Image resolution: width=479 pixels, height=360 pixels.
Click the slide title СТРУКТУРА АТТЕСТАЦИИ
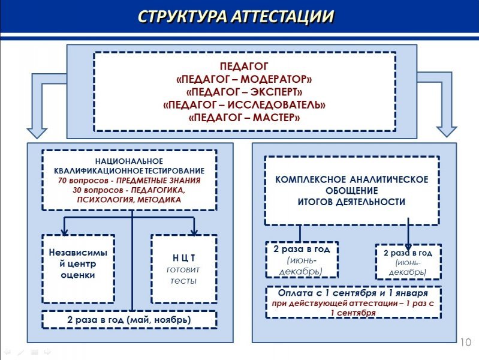236,16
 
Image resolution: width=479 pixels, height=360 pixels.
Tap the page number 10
465,342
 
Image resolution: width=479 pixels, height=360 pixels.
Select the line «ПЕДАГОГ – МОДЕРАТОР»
245,79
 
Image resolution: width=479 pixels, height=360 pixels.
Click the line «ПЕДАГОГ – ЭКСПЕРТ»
245,92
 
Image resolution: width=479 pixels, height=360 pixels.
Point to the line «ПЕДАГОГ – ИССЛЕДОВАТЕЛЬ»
245,105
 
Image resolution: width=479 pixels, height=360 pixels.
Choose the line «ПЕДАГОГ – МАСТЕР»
245,118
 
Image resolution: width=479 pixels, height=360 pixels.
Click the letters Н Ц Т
183,258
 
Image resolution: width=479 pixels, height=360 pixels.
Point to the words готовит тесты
183,275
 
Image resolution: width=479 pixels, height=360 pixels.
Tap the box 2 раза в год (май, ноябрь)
129,320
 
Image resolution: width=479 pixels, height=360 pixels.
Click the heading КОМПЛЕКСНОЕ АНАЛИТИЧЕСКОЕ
352,180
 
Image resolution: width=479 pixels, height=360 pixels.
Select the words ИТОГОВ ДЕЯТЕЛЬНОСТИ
352,202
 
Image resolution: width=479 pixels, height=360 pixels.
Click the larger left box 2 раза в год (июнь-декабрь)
302,260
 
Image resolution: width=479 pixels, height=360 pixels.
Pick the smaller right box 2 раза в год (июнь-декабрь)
408,262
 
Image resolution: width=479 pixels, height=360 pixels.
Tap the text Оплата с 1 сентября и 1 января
353,294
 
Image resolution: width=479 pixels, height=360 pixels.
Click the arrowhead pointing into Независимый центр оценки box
64,231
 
